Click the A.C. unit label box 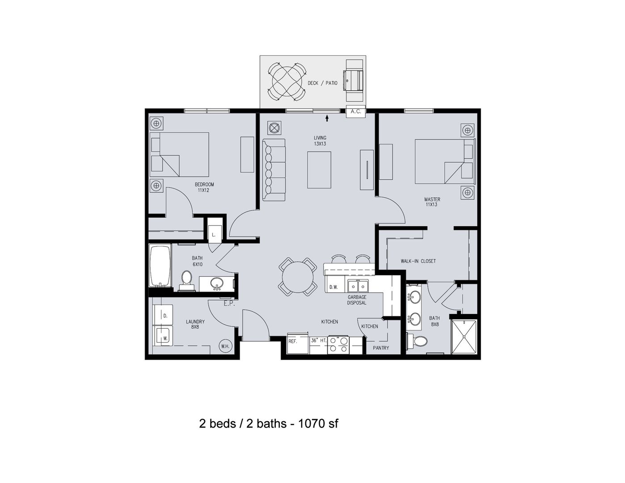click(x=356, y=111)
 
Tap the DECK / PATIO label click(x=322, y=83)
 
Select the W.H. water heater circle click(x=225, y=346)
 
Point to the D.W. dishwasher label click(x=334, y=287)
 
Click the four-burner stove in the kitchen click(x=338, y=344)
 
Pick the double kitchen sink click(x=358, y=286)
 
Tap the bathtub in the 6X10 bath click(x=160, y=266)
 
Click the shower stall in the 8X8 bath click(x=464, y=337)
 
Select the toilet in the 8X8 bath click(x=417, y=342)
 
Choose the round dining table click(x=298, y=277)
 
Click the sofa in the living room click(x=274, y=170)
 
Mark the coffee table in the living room click(x=319, y=170)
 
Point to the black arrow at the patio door click(x=327, y=118)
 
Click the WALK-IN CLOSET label click(x=418, y=261)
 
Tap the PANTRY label click(x=381, y=348)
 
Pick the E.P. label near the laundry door click(x=229, y=304)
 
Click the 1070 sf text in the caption click(x=318, y=424)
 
